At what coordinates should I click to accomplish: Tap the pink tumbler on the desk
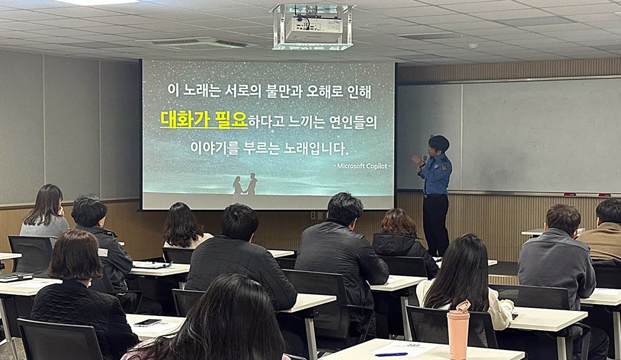pyautogui.click(x=458, y=330)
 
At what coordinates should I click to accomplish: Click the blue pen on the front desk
pyautogui.click(x=391, y=354)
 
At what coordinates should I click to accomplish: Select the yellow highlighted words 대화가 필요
pyautogui.click(x=204, y=120)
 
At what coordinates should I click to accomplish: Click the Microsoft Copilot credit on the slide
pyautogui.click(x=362, y=166)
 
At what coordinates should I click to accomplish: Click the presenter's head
pyautogui.click(x=438, y=145)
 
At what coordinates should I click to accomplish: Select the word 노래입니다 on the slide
pyautogui.click(x=316, y=148)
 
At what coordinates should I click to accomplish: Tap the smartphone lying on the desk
pyautogui.click(x=147, y=322)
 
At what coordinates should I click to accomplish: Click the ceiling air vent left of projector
pyautogui.click(x=197, y=43)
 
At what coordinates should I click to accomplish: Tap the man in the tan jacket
pyautogui.click(x=602, y=233)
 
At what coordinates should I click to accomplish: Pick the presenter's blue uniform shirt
pyautogui.click(x=436, y=174)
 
